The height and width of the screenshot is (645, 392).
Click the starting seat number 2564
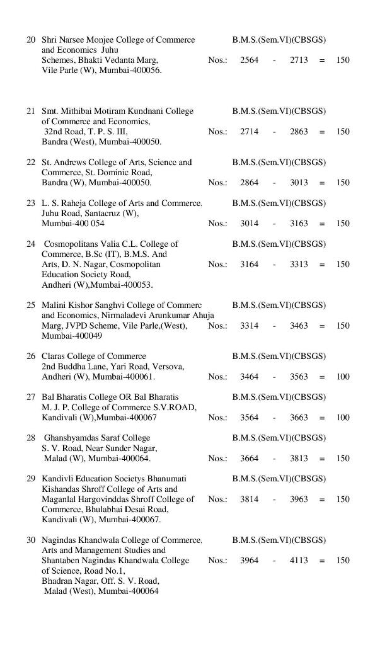point(249,60)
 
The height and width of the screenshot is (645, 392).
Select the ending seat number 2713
point(299,60)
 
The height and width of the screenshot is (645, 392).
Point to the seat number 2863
point(299,132)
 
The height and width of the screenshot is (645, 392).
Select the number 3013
point(299,183)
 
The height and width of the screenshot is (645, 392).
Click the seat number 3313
point(299,265)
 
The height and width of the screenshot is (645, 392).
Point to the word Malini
point(54,305)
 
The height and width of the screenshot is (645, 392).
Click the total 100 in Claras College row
point(343,377)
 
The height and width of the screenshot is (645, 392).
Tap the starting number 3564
point(249,418)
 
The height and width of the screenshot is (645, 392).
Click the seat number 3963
point(299,499)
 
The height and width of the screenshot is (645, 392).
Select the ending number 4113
point(299,561)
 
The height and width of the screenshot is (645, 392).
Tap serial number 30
point(31,540)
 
